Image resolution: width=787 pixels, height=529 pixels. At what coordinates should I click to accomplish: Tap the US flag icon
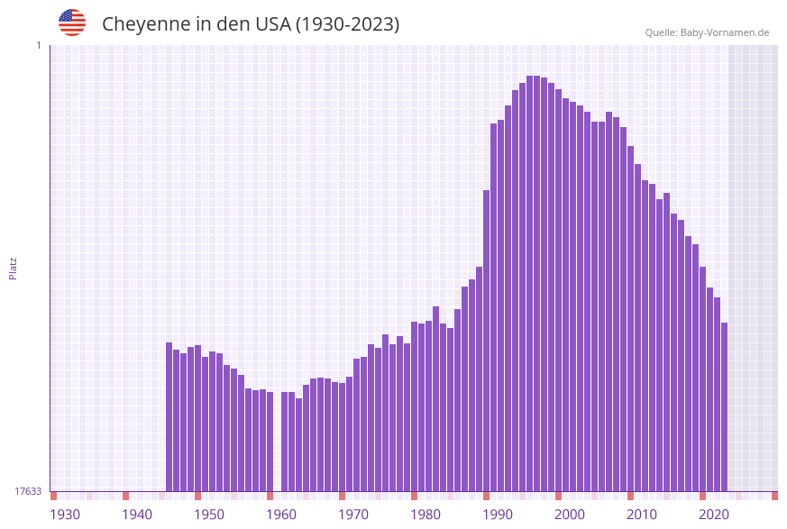(x=72, y=23)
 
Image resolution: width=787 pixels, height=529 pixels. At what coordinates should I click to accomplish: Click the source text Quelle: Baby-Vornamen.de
(x=707, y=32)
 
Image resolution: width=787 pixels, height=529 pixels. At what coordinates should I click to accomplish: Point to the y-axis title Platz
(x=14, y=268)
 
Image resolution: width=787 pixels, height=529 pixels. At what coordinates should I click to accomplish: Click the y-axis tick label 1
(x=39, y=45)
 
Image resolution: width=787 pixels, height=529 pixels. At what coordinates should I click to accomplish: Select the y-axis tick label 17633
(x=28, y=491)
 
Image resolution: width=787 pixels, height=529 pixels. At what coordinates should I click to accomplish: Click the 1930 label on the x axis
(x=65, y=515)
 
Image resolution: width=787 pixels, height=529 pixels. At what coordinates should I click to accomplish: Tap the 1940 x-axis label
(x=137, y=515)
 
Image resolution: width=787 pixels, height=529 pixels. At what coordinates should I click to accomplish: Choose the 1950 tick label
(x=209, y=515)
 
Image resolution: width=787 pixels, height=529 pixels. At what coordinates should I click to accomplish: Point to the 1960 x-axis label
(x=281, y=515)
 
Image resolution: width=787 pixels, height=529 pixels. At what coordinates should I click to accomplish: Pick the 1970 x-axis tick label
(x=353, y=515)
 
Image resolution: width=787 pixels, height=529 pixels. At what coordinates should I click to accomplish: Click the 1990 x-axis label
(x=498, y=515)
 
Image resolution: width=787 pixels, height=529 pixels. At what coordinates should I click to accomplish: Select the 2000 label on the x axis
(x=570, y=515)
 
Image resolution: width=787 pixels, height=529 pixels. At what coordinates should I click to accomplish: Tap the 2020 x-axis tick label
(x=714, y=515)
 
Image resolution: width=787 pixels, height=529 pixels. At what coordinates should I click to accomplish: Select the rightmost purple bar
(x=724, y=406)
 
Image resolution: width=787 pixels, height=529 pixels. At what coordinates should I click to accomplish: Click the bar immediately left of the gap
(x=270, y=442)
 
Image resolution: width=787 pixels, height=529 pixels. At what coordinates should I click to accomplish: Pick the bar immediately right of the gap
(x=284, y=442)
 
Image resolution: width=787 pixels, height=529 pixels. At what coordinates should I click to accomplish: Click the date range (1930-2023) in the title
(x=347, y=24)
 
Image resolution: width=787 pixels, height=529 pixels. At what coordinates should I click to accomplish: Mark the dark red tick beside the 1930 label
(x=54, y=496)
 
